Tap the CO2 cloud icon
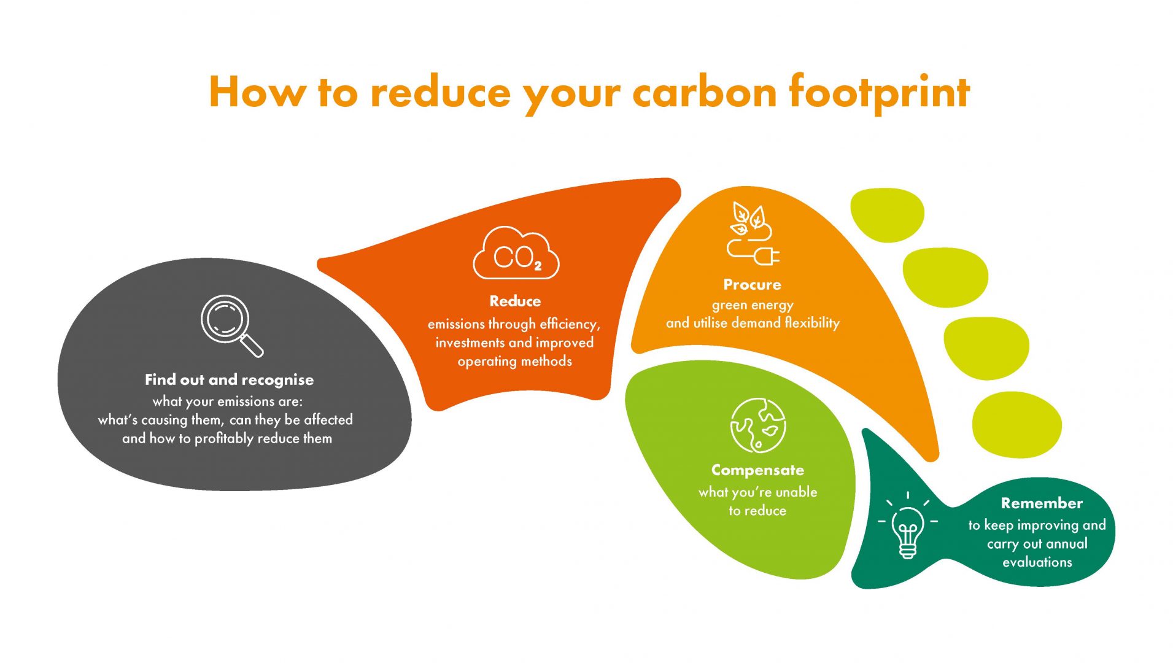coord(516,253)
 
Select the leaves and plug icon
coord(753,233)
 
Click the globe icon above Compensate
coord(757,425)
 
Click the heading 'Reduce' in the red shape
coord(515,301)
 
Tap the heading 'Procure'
coord(752,285)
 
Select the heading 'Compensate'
coord(757,470)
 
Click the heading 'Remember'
coord(1042,503)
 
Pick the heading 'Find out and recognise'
coord(229,380)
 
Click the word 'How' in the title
coord(257,92)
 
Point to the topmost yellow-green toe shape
coord(887,215)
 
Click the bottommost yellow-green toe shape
coord(1016,425)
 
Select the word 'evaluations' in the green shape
coord(1037,562)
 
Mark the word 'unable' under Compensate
coord(796,492)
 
